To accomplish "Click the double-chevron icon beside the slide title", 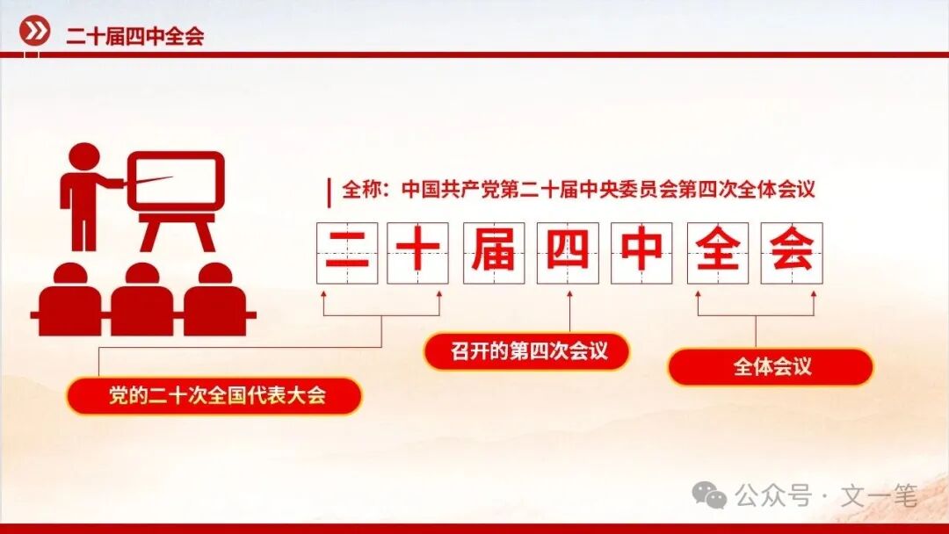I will pos(35,32).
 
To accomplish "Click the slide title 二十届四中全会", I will pos(134,36).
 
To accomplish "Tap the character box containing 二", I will pos(346,253).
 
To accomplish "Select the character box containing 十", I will pos(418,253).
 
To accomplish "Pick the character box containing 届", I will pos(494,253).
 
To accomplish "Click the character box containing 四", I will pos(569,253).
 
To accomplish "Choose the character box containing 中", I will pos(642,253).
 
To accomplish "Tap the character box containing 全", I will pos(718,253).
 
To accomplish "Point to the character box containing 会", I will pos(792,253).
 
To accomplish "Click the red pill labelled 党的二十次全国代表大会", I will pos(214,395).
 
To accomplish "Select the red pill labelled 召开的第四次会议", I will pos(527,351).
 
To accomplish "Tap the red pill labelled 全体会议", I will pos(771,366).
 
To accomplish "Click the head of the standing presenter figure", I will pos(84,159).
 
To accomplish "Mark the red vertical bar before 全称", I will pos(329,191).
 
